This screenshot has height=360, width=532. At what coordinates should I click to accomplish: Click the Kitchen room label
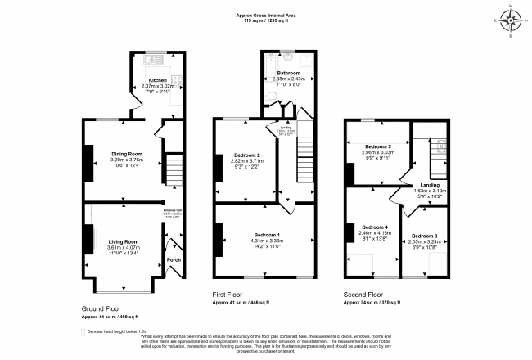[158, 79]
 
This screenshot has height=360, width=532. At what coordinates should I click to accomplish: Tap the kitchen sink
[151, 61]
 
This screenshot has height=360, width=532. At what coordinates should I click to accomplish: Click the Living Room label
[124, 242]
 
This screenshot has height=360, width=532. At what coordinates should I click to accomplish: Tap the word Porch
[174, 260]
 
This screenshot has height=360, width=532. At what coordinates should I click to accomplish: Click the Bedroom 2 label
[246, 155]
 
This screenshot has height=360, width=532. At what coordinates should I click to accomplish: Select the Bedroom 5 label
[377, 146]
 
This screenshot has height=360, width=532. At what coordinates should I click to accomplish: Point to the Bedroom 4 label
[374, 227]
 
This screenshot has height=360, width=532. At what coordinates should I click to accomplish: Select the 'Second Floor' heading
[363, 295]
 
